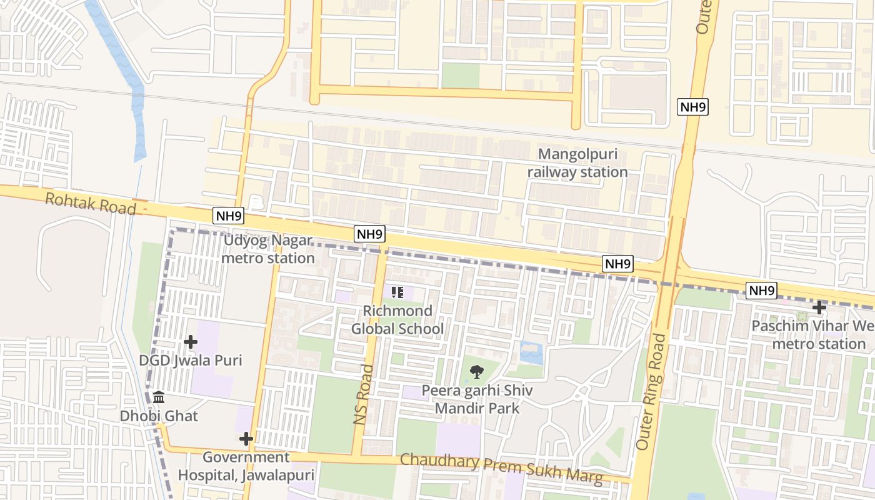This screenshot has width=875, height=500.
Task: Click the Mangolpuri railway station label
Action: [577, 163]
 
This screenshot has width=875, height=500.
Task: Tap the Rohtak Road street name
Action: [91, 203]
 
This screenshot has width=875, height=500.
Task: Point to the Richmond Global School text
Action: [397, 320]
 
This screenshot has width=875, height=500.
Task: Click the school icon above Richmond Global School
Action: [397, 292]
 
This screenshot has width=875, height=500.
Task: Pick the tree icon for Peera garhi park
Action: [477, 372]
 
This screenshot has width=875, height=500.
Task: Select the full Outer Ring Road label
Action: [651, 392]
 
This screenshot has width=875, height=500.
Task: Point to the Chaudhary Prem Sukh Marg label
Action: [502, 469]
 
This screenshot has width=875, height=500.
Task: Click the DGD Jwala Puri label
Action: [190, 361]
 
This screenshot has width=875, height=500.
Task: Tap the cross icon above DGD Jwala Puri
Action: [191, 342]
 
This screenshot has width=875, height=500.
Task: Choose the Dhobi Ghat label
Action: [159, 416]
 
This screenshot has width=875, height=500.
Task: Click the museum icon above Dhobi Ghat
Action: [159, 397]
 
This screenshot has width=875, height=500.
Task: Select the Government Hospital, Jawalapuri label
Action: [246, 466]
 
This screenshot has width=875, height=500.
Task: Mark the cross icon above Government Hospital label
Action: [246, 439]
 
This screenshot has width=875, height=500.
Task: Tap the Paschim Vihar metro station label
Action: [812, 335]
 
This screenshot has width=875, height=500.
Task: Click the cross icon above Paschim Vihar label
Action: [819, 307]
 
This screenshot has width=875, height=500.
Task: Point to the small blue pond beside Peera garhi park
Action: [531, 353]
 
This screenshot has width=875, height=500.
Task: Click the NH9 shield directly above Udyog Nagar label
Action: [228, 216]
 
